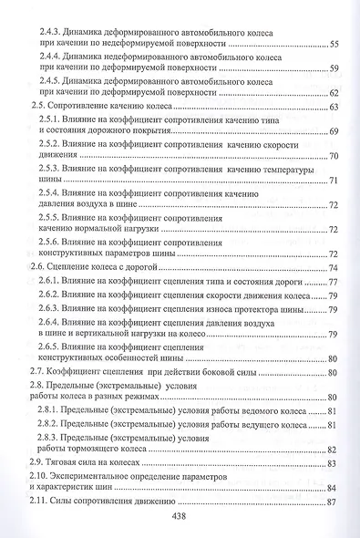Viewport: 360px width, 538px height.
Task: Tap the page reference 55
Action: coord(334,44)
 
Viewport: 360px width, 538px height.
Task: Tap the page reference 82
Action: coord(334,450)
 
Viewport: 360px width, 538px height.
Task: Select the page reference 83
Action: coord(334,465)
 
